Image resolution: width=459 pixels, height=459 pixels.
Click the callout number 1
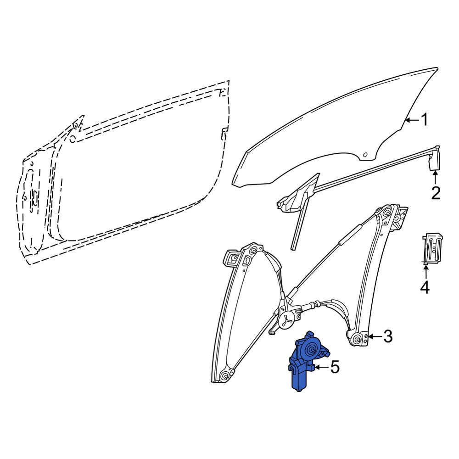pos(424,120)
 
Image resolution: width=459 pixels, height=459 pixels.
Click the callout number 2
pos(436,193)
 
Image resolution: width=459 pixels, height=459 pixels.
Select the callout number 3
pos(387,336)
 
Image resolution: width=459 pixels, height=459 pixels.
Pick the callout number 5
pos(335,367)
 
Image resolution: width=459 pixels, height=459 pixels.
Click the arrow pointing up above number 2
pos(436,177)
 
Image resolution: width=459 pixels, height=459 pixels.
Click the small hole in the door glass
pos(365,155)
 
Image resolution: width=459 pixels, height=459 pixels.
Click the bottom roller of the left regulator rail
pos(225,375)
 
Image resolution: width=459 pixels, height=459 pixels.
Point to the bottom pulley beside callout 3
pos(358,339)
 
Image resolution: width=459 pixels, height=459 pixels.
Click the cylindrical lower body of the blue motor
pos(300,379)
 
